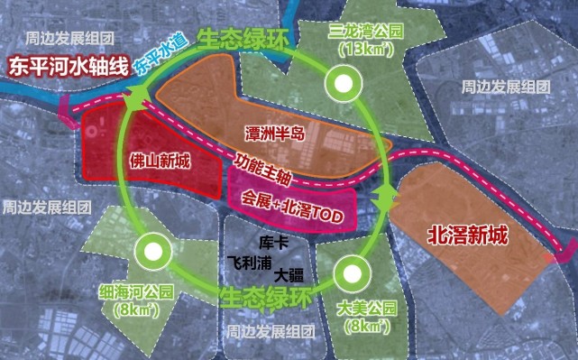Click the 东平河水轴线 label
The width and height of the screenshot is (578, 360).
point(64,68)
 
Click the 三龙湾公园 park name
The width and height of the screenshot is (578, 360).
point(366,32)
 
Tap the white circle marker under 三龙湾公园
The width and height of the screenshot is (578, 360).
point(342,86)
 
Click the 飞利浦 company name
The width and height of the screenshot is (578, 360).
point(249,258)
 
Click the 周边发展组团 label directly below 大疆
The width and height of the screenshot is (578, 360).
point(270,330)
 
